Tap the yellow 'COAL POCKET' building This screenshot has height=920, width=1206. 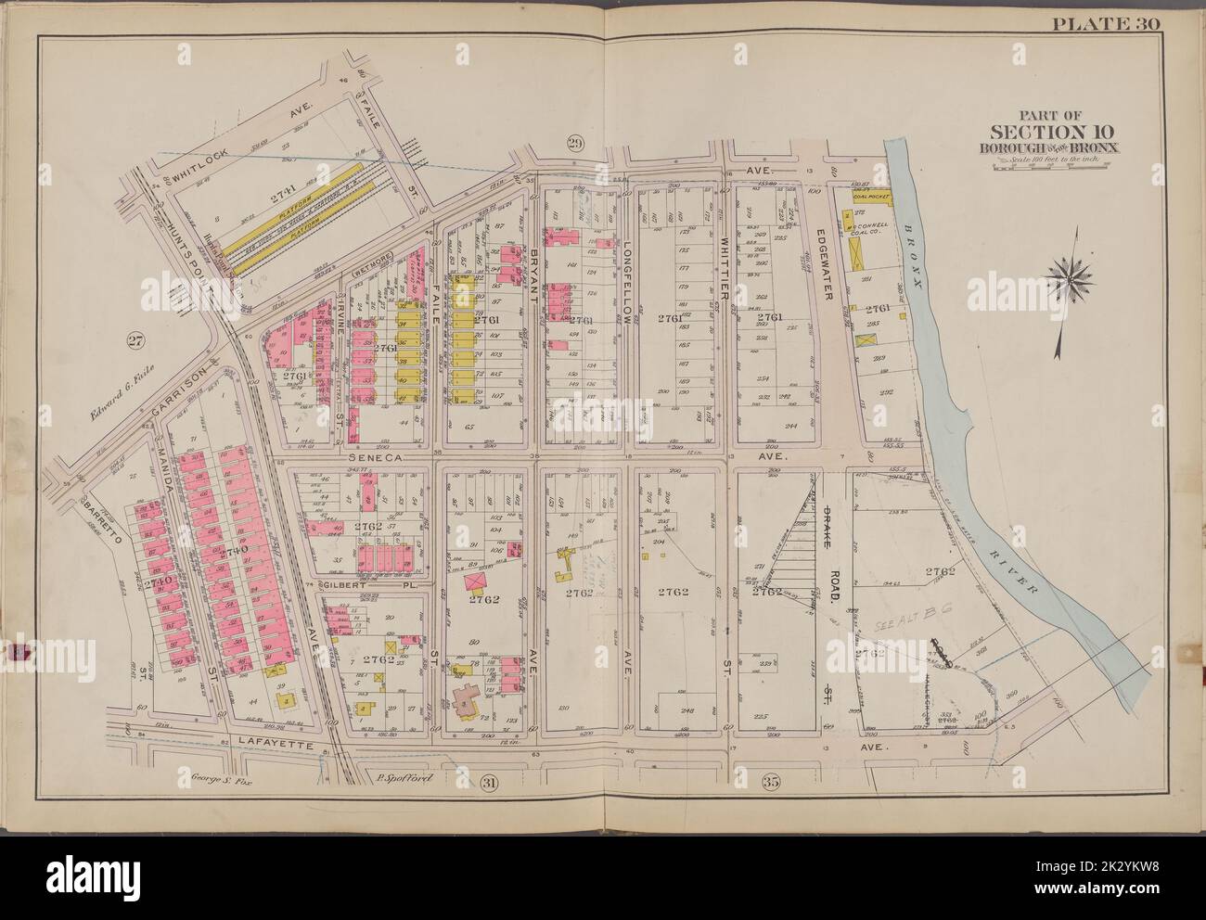click(875, 197)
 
